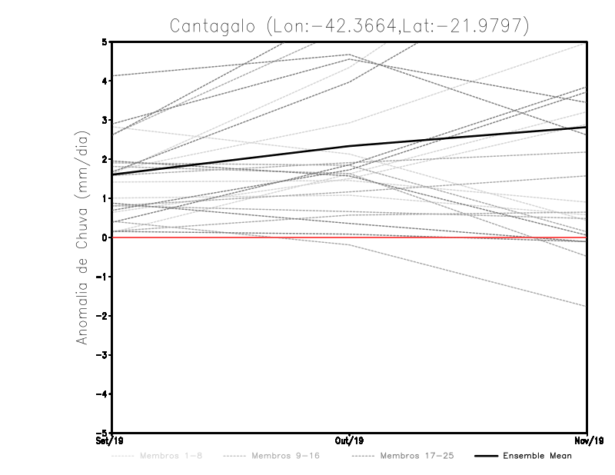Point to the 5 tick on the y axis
105,42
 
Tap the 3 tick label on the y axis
105,120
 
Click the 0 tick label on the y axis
105,237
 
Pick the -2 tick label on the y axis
102,316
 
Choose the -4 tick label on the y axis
102,394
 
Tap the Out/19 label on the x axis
349,441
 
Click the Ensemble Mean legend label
537,457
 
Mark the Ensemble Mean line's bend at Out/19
350,146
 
